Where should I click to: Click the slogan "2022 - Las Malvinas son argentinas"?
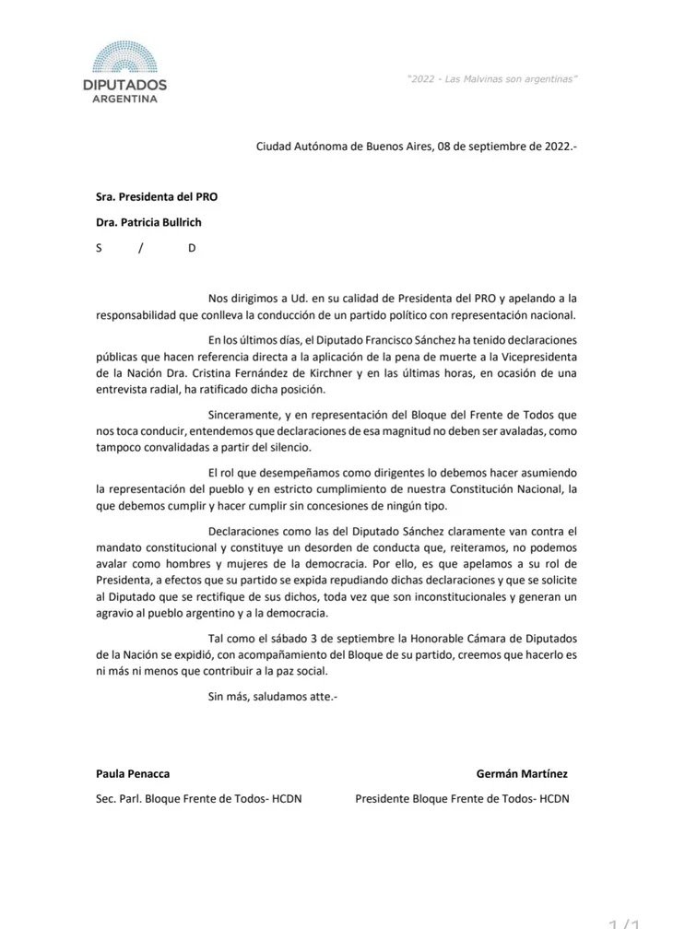click(x=491, y=80)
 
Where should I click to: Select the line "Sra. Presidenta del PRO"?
click(x=157, y=196)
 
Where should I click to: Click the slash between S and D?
click(x=141, y=248)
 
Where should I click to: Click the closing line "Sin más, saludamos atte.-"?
click(x=273, y=697)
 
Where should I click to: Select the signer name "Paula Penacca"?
click(x=133, y=774)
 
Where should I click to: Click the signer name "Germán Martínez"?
click(x=528, y=774)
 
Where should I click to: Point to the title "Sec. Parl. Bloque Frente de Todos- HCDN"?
click(x=198, y=799)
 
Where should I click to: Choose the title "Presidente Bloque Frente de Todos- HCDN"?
click(x=462, y=799)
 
